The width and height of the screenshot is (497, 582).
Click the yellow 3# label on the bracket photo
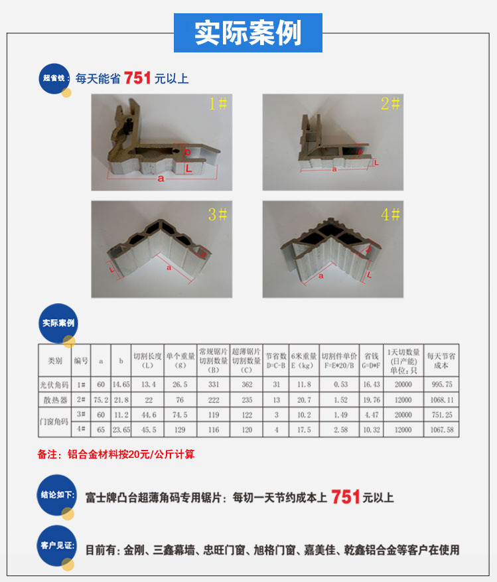pyautogui.click(x=218, y=214)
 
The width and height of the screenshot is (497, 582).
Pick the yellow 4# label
pyautogui.click(x=390, y=214)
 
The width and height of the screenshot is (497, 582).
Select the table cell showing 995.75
pyautogui.click(x=442, y=384)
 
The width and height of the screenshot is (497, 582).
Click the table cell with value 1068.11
pyautogui.click(x=442, y=400)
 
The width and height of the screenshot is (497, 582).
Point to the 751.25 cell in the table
pyautogui.click(x=442, y=415)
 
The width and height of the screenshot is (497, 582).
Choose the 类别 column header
pyautogui.click(x=55, y=361)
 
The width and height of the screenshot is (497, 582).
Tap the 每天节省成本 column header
pyautogui.click(x=442, y=361)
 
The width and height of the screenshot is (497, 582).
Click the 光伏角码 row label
pyautogui.click(x=55, y=384)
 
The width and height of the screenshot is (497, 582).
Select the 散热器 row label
pyautogui.click(x=55, y=400)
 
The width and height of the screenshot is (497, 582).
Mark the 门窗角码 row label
pyautogui.click(x=55, y=422)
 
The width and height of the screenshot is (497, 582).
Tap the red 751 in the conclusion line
pyautogui.click(x=345, y=496)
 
